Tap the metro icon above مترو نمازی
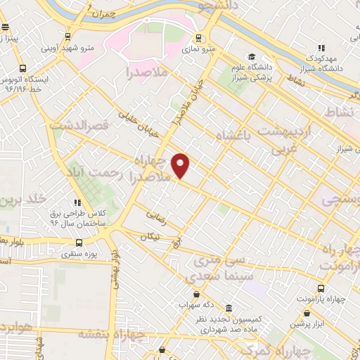tap(200, 37)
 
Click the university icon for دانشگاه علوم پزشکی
tap(251, 57)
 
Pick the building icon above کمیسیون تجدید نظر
tap(229, 308)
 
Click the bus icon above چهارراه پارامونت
tap(321, 288)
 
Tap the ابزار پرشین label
tap(309, 325)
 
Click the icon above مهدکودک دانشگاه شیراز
tap(321, 48)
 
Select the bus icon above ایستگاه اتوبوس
tap(23, 68)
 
